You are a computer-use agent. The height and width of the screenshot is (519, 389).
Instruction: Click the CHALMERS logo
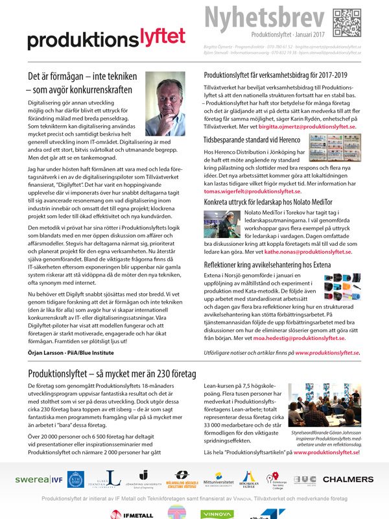[x=348, y=480]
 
